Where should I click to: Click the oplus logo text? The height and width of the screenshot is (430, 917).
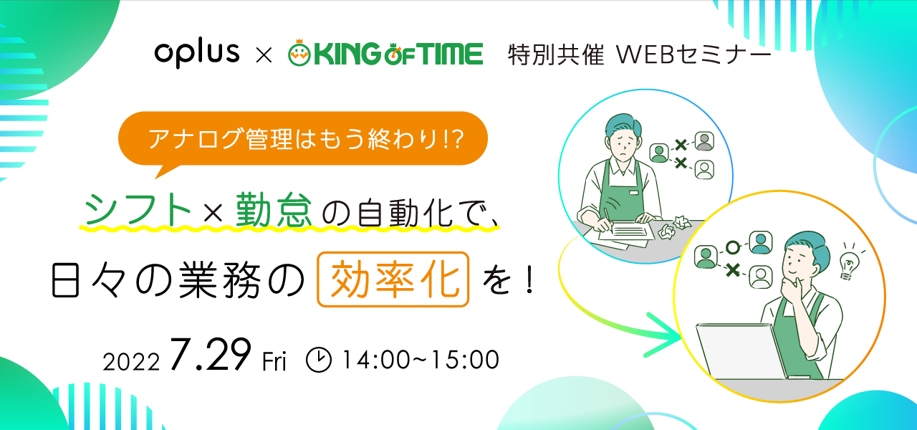click(x=197, y=54)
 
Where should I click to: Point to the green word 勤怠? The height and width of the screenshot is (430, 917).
click(x=274, y=209)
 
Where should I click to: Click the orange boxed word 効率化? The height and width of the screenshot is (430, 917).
click(x=393, y=279)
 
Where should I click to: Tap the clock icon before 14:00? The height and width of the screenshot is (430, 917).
click(x=319, y=360)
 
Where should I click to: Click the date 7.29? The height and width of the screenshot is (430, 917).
click(x=211, y=355)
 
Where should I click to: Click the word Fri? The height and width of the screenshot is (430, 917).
click(x=274, y=362)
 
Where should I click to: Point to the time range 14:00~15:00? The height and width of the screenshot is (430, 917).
click(x=421, y=360)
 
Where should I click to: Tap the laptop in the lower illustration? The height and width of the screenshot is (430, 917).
click(x=741, y=351)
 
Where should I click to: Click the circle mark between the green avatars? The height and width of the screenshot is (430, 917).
click(x=733, y=247)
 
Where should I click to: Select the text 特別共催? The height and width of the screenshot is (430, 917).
click(x=555, y=55)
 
